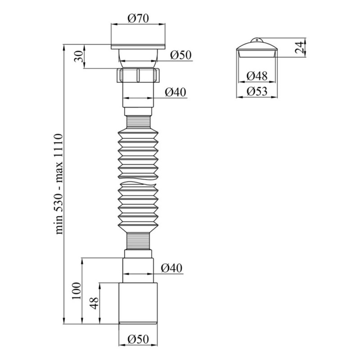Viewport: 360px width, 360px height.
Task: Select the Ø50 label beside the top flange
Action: [x=181, y=55]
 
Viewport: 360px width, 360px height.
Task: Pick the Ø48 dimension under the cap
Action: [x=257, y=76]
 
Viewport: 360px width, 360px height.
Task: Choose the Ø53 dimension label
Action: [x=257, y=92]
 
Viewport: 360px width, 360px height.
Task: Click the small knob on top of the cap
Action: [x=257, y=40]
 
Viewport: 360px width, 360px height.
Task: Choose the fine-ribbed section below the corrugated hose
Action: [x=139, y=242]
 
